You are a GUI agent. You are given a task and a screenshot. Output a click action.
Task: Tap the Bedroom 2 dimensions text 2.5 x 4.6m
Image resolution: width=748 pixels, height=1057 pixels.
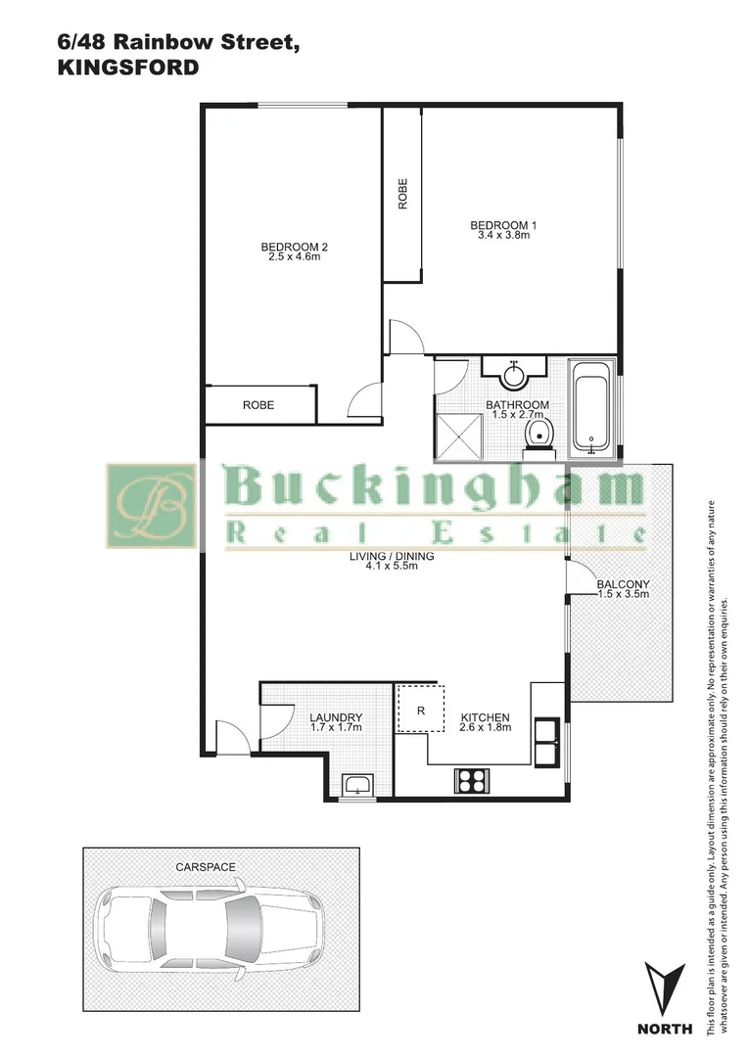coord(294,256)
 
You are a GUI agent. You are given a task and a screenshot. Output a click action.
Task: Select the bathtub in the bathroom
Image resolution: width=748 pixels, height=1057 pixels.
coord(594,408)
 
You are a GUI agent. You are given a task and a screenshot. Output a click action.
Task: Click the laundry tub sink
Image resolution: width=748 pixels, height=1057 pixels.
coord(358,785)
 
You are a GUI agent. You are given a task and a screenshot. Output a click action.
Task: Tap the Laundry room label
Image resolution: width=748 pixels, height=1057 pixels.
coord(336,717)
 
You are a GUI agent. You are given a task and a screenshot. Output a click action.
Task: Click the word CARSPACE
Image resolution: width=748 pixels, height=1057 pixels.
coord(206,867)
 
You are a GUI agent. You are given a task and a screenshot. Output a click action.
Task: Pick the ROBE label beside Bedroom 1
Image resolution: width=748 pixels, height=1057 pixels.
coord(402,195)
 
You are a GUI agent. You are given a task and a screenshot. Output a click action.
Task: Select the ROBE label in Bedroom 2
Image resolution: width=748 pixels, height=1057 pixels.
coord(258,405)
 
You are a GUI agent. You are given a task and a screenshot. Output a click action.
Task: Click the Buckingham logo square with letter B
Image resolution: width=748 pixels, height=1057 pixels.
coord(151,506)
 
